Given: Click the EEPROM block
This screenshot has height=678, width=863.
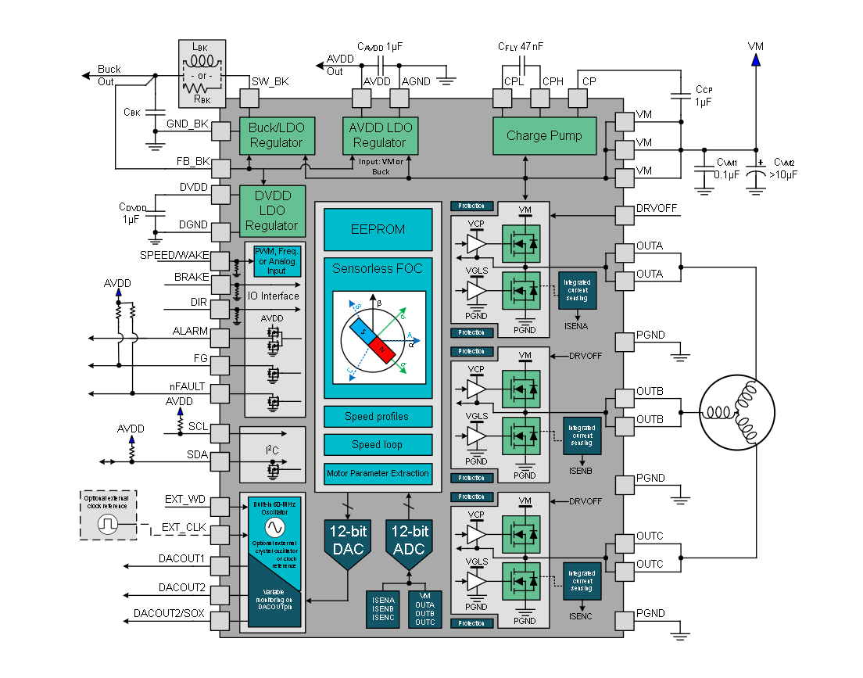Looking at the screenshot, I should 378,230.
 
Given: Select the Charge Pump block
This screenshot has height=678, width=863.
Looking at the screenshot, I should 544,135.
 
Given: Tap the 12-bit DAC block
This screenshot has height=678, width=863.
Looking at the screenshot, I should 349,540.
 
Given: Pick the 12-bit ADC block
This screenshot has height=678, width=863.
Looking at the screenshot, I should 409,540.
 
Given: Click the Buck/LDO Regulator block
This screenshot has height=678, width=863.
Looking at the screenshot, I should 276,135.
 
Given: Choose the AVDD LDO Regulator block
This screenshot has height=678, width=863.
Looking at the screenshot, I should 379,135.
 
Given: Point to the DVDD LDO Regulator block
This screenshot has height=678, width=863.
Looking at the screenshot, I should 272,210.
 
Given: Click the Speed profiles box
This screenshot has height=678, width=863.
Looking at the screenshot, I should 378,416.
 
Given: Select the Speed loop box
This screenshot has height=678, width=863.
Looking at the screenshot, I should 378,444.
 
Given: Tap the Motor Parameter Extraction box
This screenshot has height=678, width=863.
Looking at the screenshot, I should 378,473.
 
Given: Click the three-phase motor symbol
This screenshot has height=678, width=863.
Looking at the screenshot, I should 736,414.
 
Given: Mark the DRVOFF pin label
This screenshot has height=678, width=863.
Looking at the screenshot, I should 657,209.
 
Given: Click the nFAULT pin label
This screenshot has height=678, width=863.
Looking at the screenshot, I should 188,387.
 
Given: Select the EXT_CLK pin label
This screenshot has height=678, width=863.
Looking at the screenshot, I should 184,528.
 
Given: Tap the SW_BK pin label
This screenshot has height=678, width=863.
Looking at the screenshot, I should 270,81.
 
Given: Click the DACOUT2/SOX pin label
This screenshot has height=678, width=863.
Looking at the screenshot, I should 169,613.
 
